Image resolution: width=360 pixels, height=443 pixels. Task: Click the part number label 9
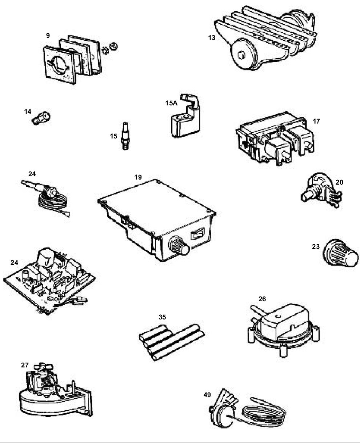click(48, 36)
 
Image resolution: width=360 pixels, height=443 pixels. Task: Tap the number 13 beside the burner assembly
click(212, 38)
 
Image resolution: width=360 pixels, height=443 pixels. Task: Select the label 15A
click(171, 103)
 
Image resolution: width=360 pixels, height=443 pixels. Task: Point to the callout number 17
click(316, 121)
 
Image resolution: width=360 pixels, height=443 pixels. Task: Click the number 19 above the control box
click(138, 177)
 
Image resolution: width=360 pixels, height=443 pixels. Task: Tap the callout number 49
click(207, 395)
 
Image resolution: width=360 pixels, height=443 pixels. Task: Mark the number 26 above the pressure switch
click(262, 299)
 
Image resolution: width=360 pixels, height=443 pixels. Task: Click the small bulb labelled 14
click(41, 118)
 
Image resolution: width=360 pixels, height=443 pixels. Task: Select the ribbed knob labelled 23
click(340, 253)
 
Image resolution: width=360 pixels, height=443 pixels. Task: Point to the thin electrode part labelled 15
click(125, 136)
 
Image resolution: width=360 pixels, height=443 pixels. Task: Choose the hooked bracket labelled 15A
click(185, 116)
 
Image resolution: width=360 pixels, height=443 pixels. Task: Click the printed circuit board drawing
click(49, 281)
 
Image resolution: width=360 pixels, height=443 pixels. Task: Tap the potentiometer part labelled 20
click(321, 190)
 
